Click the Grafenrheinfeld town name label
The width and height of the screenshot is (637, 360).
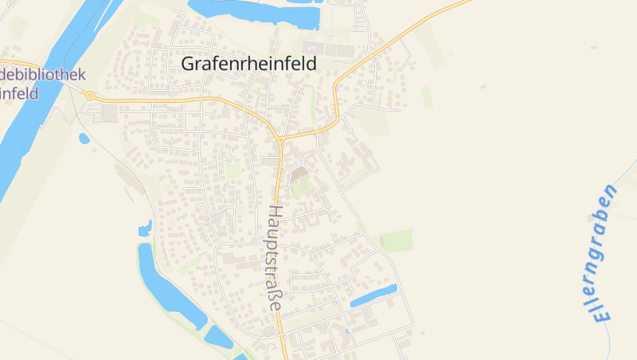tap(248, 64)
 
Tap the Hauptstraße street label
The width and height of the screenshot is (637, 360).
tap(275, 259)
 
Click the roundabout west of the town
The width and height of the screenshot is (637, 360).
tap(90, 96)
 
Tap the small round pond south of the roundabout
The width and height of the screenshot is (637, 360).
tap(84, 139)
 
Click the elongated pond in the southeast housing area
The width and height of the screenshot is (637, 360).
tap(373, 295)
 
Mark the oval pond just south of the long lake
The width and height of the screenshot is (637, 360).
tap(218, 337)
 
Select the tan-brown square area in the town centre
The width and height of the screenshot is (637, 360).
tap(299, 173)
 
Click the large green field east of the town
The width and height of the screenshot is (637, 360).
tap(396, 240)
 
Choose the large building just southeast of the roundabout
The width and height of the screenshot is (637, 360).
tap(109, 114)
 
